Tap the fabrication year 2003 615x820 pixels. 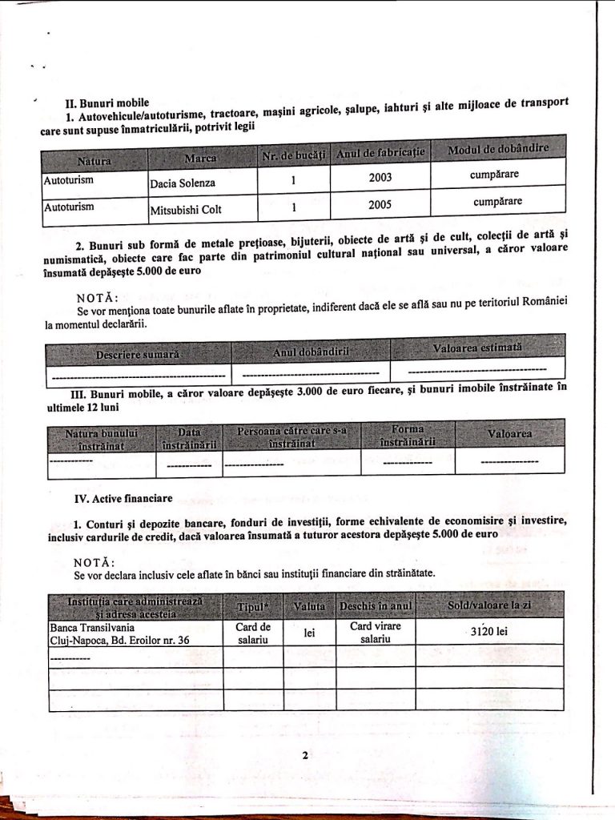[380, 178]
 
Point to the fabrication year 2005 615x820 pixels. [380, 205]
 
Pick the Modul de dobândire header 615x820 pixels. [497, 150]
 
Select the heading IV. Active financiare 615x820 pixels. [123, 498]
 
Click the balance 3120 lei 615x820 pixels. [489, 631]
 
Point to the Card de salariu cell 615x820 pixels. [253, 633]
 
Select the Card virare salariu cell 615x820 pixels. [375, 633]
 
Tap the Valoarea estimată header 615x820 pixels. [477, 348]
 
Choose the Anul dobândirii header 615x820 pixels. [311, 351]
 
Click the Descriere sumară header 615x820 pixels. [138, 353]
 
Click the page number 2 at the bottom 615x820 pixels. [305, 754]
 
